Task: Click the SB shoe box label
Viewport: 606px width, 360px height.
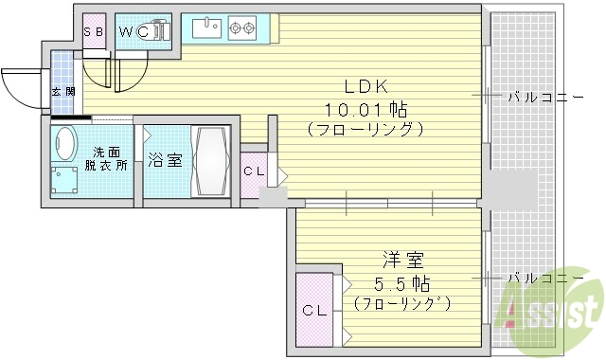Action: point(94,31)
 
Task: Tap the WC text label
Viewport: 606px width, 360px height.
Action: point(132,31)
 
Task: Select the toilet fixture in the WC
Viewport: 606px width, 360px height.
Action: point(157,32)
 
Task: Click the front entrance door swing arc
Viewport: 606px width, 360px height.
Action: point(21,90)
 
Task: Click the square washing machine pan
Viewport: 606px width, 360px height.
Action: point(65,179)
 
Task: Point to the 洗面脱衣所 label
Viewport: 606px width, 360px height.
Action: point(108,158)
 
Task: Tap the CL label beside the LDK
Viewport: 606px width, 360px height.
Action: point(254,171)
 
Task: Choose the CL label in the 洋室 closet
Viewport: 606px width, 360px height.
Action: point(313,310)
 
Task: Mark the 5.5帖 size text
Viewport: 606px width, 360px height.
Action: point(401,282)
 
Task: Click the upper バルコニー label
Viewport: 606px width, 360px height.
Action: point(538,96)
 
